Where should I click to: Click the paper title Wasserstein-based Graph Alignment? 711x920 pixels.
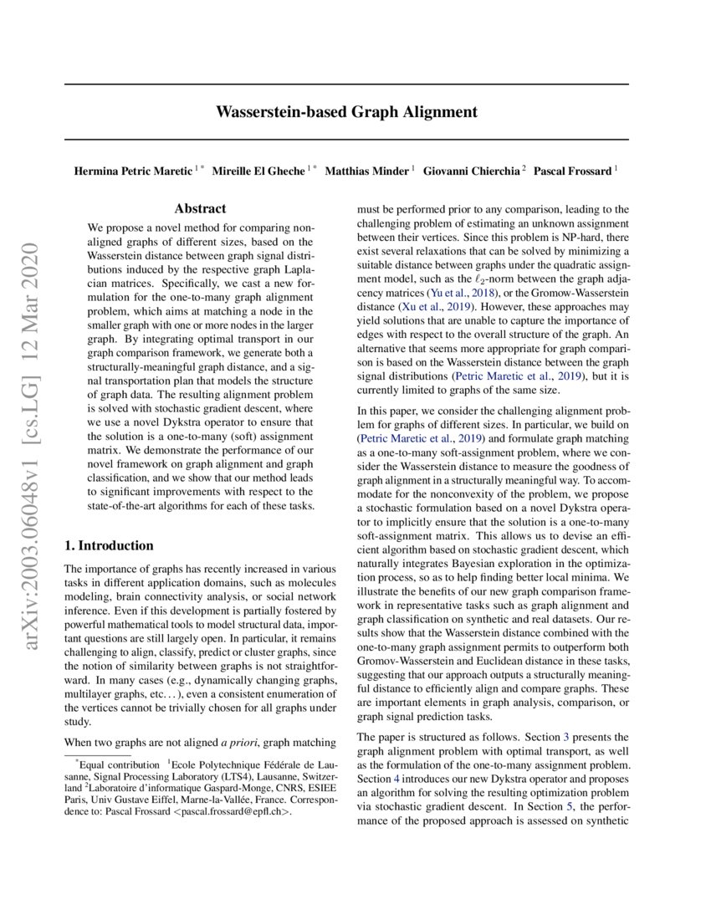[346, 111]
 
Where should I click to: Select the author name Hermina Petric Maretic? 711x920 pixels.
[133, 171]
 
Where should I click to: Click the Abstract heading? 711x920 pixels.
[200, 209]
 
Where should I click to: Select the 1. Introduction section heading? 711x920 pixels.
[109, 545]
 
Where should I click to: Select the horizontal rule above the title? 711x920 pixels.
[346, 84]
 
